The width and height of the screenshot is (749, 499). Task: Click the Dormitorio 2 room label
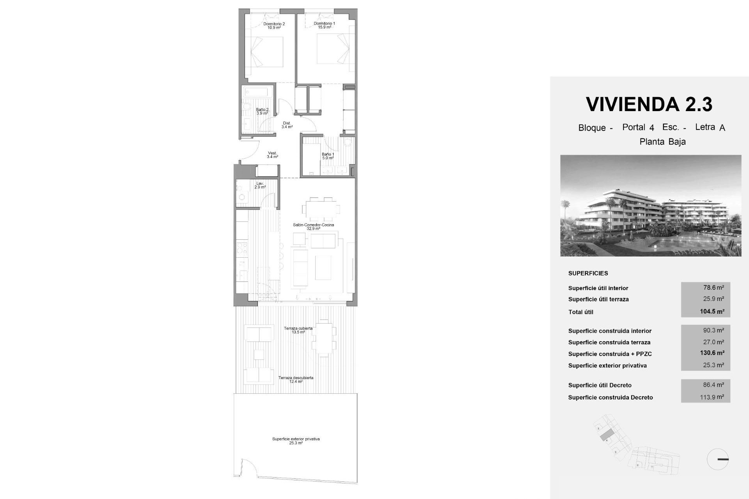[x=274, y=26]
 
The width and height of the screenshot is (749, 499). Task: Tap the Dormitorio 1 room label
[x=324, y=25]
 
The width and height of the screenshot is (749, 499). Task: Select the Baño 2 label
[x=262, y=111]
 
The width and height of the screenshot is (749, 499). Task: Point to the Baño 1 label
[x=328, y=156]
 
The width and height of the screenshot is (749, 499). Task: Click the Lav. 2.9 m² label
[x=260, y=185]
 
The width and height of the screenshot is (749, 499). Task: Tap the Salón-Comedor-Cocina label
[x=313, y=226]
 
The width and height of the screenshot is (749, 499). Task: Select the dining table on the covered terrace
[x=323, y=338]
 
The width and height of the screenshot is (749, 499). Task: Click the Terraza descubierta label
[x=296, y=379]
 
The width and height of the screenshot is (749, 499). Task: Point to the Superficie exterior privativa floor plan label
[x=296, y=441]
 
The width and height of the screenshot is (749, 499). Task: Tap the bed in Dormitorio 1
[x=332, y=49]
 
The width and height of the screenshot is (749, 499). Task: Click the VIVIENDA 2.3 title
[x=649, y=104]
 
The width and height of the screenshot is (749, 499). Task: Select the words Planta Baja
[x=662, y=142]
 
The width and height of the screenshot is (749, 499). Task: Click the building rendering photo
[x=651, y=205]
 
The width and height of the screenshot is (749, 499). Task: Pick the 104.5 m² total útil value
[x=712, y=311]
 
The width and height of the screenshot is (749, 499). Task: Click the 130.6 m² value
[x=712, y=353]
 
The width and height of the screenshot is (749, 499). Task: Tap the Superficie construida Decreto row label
[x=610, y=397]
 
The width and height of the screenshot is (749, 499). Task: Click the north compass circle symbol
[x=717, y=459]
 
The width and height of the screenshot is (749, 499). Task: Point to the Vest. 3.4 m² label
[x=272, y=155]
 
